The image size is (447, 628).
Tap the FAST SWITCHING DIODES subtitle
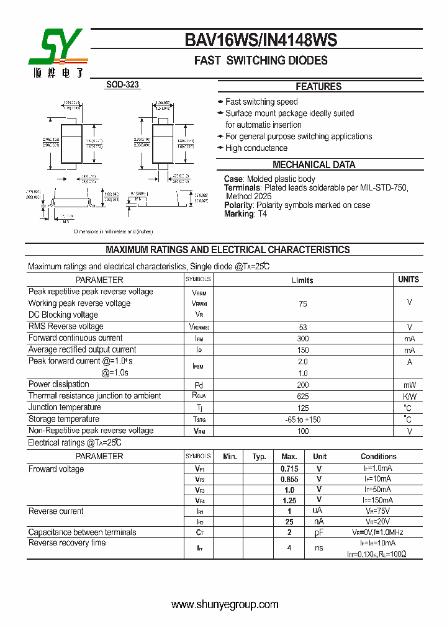point(261,61)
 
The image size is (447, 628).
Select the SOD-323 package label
point(122,85)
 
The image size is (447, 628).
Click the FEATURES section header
point(318,87)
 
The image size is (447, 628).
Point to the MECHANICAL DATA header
point(314,165)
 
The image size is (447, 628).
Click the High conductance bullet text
point(256,148)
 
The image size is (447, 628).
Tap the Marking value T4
point(262,213)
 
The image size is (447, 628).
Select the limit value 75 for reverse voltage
point(303,304)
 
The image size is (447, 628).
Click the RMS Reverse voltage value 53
point(303,327)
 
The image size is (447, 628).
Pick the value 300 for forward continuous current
point(303,339)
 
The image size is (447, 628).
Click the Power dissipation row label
point(59,384)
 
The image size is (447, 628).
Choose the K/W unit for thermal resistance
point(410,397)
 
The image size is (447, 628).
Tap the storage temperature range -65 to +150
point(303,420)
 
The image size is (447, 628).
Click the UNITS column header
point(409,280)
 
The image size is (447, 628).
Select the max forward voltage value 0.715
point(289,469)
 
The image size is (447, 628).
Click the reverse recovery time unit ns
point(319,548)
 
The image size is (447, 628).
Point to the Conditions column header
point(378,457)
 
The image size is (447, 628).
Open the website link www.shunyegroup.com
point(225,604)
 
